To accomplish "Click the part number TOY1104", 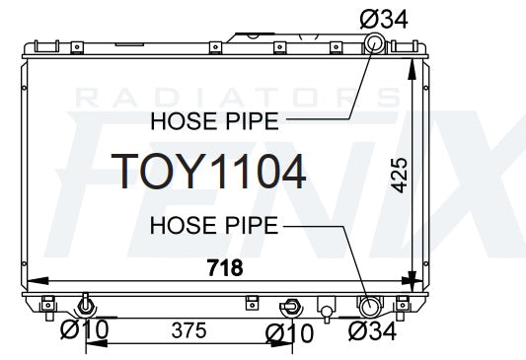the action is point(208,172).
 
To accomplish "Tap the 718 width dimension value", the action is point(225,267).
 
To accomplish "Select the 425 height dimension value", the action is point(400,176).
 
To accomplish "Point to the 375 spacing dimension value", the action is point(188,330).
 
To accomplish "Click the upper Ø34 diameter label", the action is point(384,19).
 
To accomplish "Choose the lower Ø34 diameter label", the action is point(372,330).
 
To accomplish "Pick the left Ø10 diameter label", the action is point(85,328).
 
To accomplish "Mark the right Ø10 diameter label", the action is point(289,333).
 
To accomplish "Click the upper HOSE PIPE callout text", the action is point(215,121).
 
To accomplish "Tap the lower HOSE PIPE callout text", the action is point(214,225).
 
